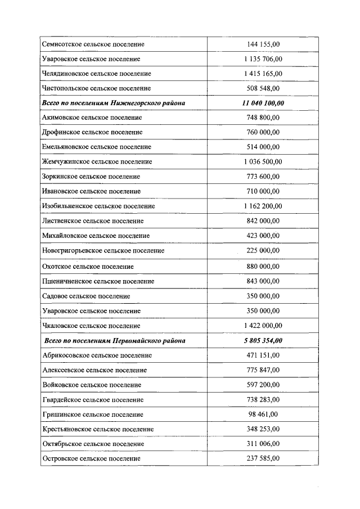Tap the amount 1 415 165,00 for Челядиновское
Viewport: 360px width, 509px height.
click(263, 74)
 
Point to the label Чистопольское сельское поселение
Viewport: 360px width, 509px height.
click(96, 88)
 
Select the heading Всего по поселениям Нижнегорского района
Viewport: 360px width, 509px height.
click(114, 103)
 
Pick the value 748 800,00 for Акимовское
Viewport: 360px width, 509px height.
click(263, 118)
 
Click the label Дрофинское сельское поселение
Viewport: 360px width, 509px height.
click(92, 132)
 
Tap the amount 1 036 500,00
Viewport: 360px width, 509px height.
click(263, 162)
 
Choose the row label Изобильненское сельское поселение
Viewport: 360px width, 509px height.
click(98, 206)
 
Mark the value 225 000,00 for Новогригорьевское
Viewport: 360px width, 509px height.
click(263, 250)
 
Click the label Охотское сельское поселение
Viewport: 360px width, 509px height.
click(88, 266)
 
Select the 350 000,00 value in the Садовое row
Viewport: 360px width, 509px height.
click(263, 296)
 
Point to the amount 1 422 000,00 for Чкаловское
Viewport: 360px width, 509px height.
click(263, 326)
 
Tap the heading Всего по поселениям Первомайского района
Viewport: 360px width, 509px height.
click(115, 341)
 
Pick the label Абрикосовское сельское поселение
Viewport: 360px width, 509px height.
click(97, 355)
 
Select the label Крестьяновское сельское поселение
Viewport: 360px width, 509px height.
click(98, 429)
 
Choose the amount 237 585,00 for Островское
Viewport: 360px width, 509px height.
click(263, 459)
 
